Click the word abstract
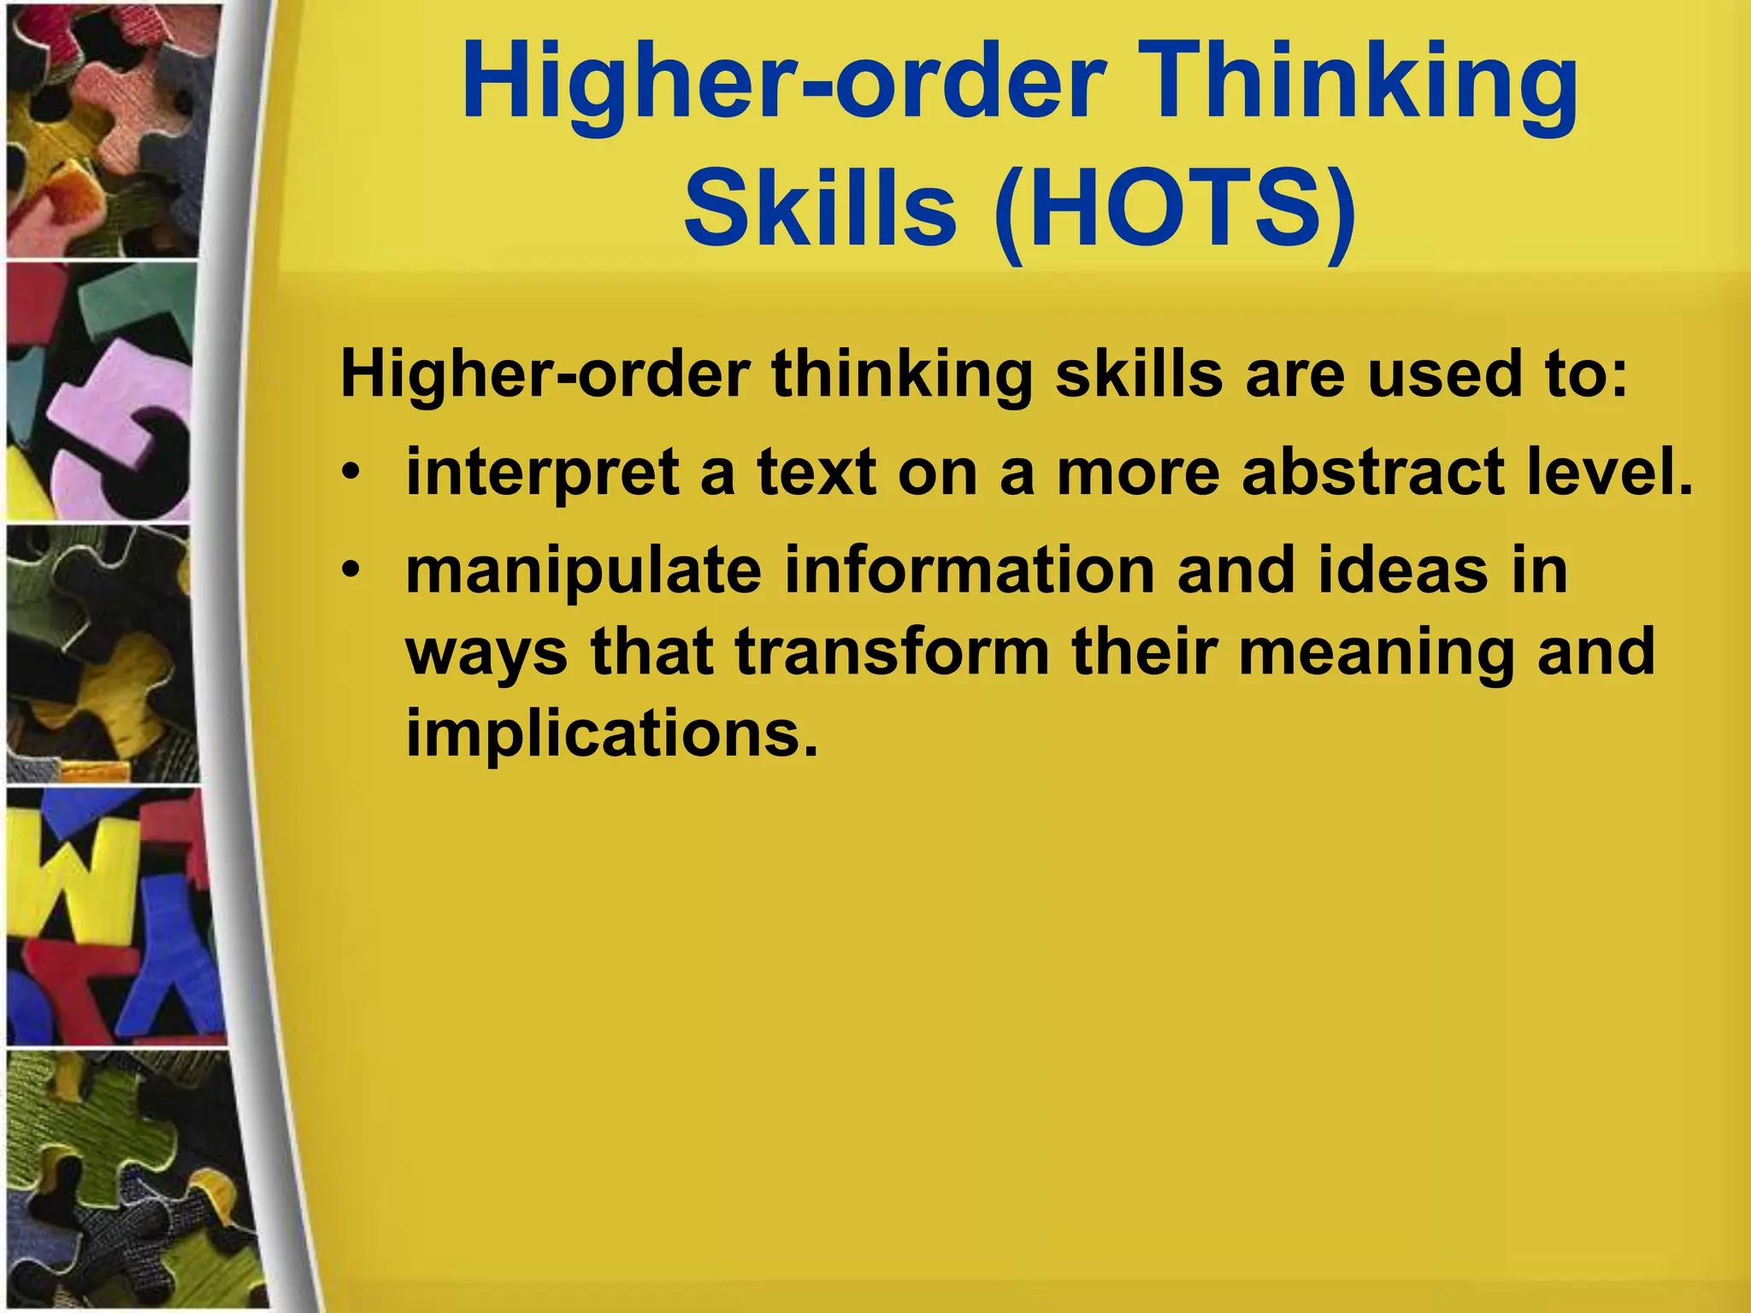[1372, 473]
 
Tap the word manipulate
[583, 571]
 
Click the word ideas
[1401, 571]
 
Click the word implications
[610, 733]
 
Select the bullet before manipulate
[351, 571]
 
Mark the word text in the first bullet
[817, 473]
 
